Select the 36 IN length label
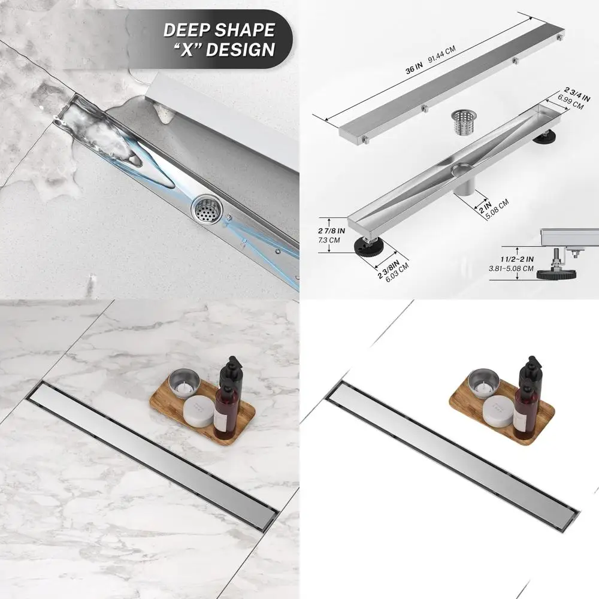pos(414,70)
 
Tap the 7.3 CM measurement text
pos(329,240)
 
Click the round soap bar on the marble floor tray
pos(198,412)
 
